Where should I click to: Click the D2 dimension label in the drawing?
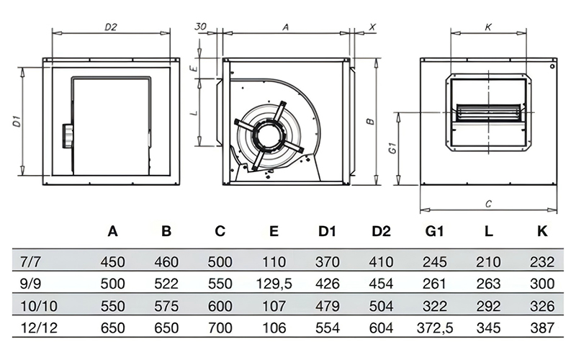pos(110,27)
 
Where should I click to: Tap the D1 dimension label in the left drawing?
pos(16,122)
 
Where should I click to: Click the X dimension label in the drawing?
pos(372,27)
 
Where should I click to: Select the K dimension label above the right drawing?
pos(487,27)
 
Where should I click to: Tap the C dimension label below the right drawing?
pos(488,204)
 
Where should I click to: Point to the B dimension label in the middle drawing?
pos(370,122)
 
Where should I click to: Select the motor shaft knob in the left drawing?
pos(68,134)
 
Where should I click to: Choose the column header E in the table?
pos(274,231)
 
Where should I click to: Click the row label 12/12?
pos(37,328)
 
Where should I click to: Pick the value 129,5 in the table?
pos(274,284)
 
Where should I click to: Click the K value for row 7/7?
pos(541,261)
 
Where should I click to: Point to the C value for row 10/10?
pos(220,306)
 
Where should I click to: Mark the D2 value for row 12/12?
pos(382,328)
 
